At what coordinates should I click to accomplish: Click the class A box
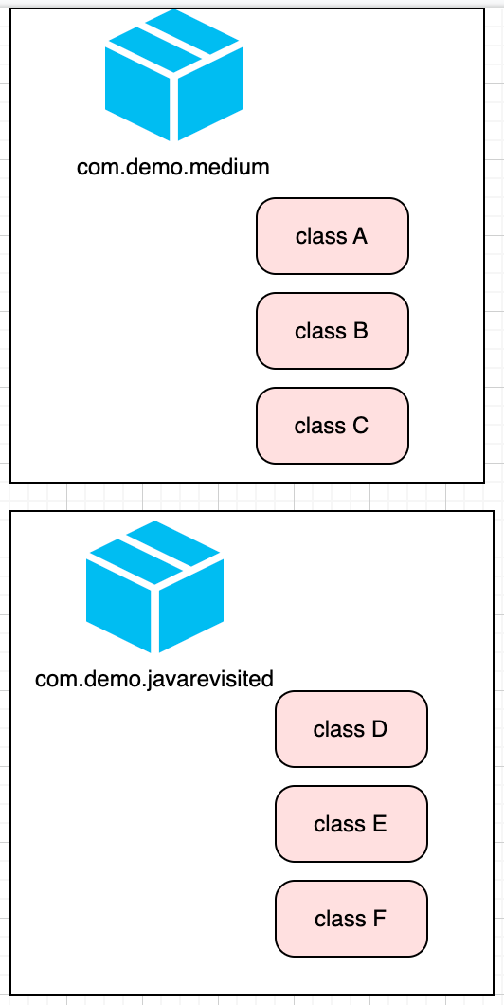[x=333, y=236]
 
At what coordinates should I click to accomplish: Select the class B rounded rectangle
[x=333, y=331]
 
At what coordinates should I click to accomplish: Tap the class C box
[x=333, y=426]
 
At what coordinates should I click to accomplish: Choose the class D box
[x=351, y=729]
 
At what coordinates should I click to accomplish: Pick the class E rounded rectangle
[x=351, y=824]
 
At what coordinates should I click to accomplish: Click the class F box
[x=351, y=919]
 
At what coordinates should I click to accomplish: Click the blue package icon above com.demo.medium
[x=174, y=76]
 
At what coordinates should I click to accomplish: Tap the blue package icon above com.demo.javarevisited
[x=155, y=588]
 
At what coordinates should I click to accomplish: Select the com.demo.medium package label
[x=173, y=168]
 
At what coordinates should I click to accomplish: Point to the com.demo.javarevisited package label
[x=154, y=679]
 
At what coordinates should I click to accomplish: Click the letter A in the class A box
[x=359, y=236]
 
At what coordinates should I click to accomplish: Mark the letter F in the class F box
[x=379, y=919]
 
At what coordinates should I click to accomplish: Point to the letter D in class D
[x=379, y=729]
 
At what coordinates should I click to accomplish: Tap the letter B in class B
[x=360, y=331]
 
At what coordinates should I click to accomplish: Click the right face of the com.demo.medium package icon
[x=210, y=95]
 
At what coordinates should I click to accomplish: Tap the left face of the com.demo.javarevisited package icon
[x=118, y=607]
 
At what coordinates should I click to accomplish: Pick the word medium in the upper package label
[x=235, y=168]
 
